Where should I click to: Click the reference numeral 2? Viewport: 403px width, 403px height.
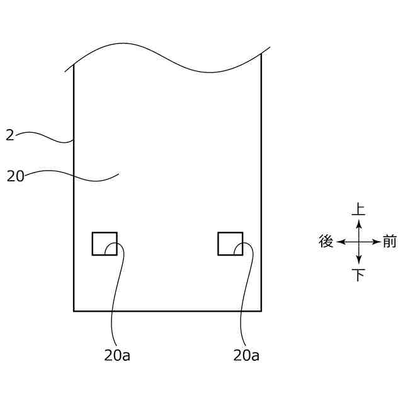tap(10, 135)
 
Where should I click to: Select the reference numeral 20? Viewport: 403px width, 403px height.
tap(15, 176)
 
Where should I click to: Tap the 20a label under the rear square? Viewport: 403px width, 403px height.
tap(117, 355)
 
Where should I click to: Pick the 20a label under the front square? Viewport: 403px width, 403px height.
tap(246, 355)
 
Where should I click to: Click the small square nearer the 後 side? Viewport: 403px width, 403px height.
tap(92, 244)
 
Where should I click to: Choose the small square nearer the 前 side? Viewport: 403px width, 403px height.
tap(218, 244)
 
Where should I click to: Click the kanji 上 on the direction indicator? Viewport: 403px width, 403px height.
tap(358, 209)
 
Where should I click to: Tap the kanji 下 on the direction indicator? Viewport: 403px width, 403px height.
tap(359, 275)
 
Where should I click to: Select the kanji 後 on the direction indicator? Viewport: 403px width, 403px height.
tap(326, 241)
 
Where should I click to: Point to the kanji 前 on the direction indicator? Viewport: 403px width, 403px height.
tap(390, 241)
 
